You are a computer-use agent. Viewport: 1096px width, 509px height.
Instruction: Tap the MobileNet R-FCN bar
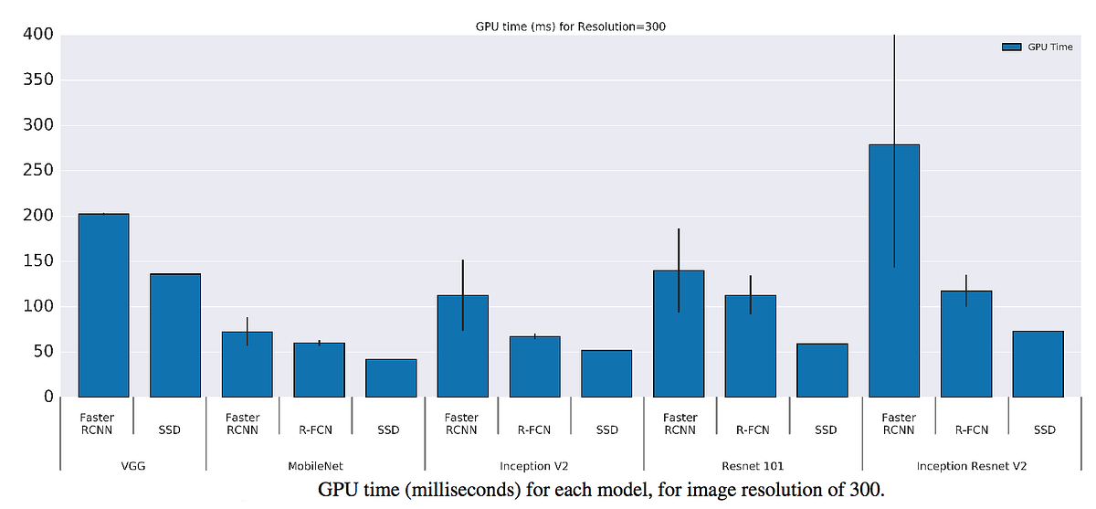click(x=319, y=369)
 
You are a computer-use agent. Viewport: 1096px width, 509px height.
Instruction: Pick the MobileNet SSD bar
click(x=391, y=377)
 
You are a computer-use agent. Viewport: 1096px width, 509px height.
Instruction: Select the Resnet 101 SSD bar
click(x=822, y=369)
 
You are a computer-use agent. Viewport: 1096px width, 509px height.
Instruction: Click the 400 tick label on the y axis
click(x=37, y=35)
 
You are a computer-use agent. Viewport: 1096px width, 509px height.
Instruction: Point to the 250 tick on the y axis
click(x=37, y=171)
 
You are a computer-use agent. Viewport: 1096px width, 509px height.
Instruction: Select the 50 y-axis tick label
click(x=42, y=352)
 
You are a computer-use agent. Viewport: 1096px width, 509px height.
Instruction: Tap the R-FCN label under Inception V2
click(x=534, y=429)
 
